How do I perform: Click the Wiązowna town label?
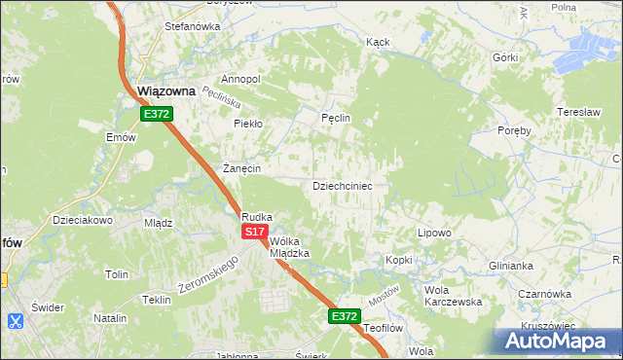click(166, 91)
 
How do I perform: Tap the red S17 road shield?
click(254, 232)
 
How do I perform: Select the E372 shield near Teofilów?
click(344, 316)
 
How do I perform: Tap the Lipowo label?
click(434, 234)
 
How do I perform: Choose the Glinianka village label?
click(512, 266)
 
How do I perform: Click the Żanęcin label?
click(241, 168)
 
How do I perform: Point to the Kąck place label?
click(378, 43)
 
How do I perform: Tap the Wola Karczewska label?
click(454, 296)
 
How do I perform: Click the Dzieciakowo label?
click(84, 220)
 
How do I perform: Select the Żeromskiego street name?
click(209, 276)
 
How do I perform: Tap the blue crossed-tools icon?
click(15, 320)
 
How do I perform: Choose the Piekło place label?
click(248, 124)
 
